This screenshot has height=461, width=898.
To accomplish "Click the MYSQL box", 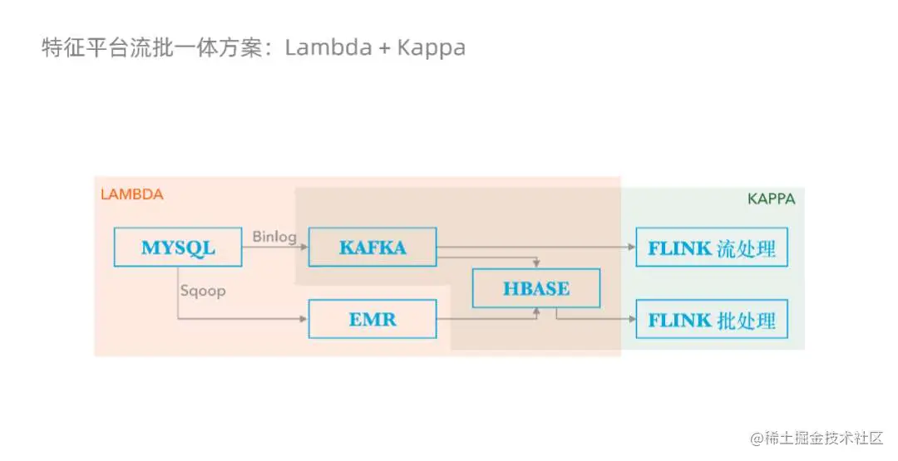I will coord(178,247).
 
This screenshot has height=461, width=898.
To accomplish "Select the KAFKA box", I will coord(373,247).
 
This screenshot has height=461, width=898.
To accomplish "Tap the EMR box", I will coord(373,319).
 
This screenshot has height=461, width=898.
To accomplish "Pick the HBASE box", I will coord(536,288).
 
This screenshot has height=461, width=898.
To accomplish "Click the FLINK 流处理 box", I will coord(712,247).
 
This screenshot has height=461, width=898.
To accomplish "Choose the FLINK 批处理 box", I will coord(712,319).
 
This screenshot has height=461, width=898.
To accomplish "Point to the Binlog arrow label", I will coord(274,237).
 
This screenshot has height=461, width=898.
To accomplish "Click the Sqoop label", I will coord(203,292).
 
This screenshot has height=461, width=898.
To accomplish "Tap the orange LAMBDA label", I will coord(131,194).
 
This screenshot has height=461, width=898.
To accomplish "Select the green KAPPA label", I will coord(771,199).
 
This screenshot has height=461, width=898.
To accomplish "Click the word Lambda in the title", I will coord(328,47).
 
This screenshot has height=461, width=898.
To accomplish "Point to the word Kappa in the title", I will coord(431,47).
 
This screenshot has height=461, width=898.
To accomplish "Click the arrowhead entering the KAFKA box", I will coord(304,247).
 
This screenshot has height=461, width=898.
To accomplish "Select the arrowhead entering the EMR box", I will coord(304,319).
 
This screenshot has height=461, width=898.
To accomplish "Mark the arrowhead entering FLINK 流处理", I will coord(632,247).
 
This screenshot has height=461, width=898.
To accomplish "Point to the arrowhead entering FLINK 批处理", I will coord(632,319).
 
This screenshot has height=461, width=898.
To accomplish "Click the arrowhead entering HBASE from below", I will coord(536,311).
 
